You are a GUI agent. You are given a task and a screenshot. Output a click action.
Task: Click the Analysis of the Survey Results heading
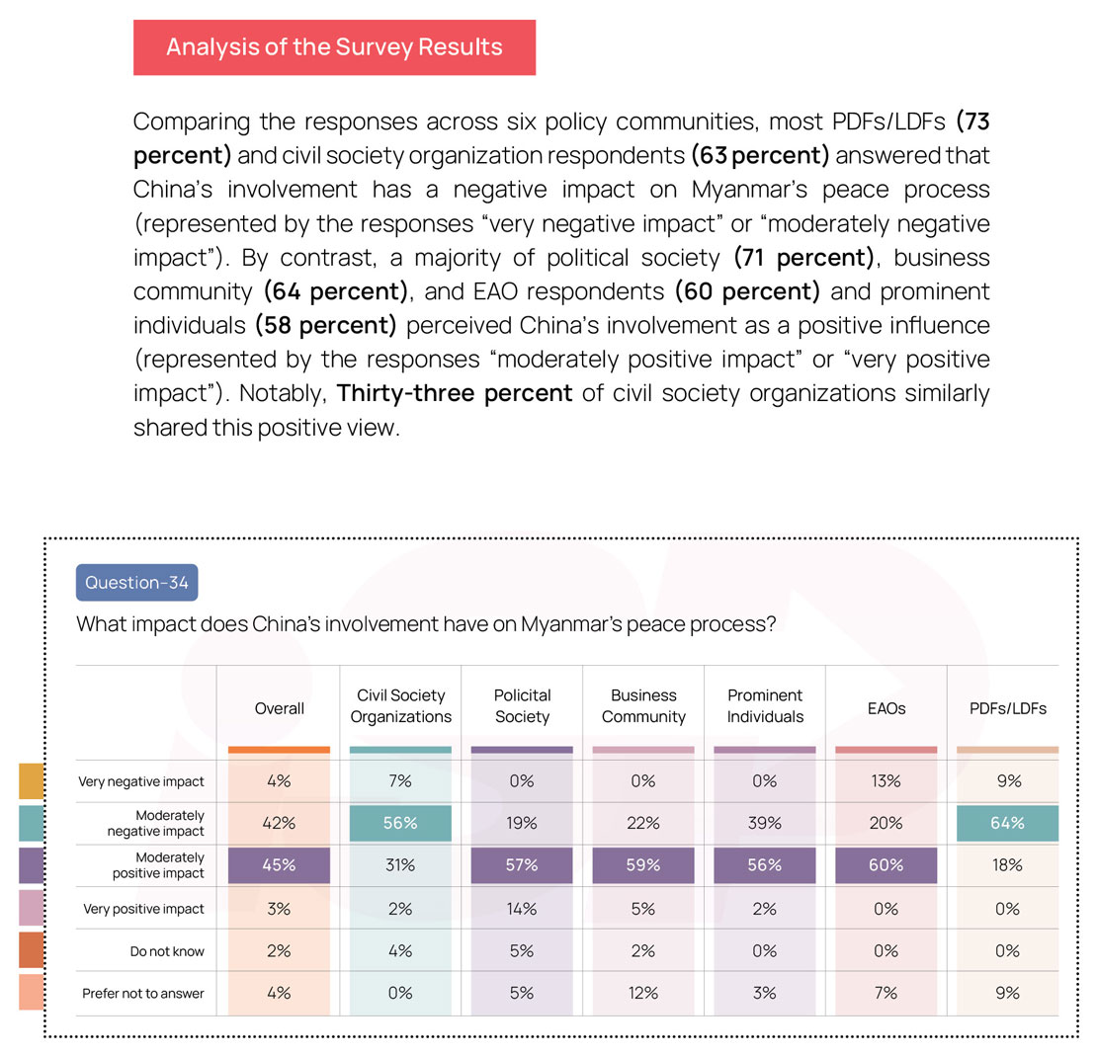tap(334, 46)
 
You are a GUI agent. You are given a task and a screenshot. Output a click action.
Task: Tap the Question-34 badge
tap(137, 583)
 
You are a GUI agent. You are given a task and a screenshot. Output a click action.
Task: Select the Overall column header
tap(279, 708)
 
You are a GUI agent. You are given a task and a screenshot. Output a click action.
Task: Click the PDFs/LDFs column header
tap(1007, 708)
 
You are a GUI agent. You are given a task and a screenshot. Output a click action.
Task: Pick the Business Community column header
tap(643, 705)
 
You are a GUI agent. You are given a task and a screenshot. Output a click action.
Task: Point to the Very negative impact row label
tap(141, 781)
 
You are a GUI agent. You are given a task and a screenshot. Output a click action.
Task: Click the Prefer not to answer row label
tap(143, 993)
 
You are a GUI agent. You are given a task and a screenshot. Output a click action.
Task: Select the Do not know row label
tap(167, 951)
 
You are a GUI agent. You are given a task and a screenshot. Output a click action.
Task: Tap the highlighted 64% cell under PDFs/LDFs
tap(1007, 823)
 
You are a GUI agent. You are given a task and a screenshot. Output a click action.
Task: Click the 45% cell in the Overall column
tap(279, 865)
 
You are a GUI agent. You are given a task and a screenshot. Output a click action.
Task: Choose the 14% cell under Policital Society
tap(522, 909)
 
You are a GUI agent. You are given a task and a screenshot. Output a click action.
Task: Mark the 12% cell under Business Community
tap(643, 993)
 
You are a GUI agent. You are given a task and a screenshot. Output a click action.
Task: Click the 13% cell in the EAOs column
tap(886, 781)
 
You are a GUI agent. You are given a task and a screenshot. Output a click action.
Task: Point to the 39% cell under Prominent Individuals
tap(765, 823)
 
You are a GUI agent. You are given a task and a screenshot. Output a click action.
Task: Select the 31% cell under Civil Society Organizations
tap(400, 865)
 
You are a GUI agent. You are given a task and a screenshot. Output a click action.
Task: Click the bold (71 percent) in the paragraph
tap(803, 258)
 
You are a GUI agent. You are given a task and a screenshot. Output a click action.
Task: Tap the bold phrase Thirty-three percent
tap(455, 393)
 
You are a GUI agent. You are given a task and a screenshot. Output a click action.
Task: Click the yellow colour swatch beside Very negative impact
tap(31, 781)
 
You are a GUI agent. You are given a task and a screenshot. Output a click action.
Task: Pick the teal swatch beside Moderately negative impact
tap(31, 823)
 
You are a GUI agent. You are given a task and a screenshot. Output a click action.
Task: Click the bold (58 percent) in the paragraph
tap(326, 325)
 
